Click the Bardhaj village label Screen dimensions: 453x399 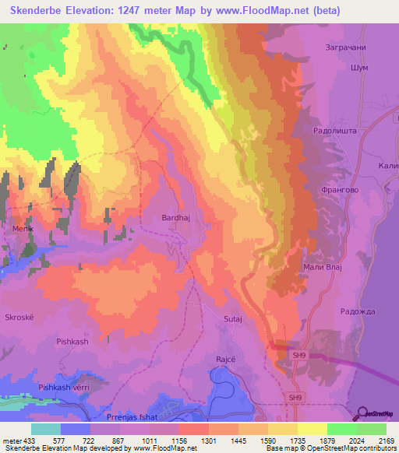(x=175, y=219)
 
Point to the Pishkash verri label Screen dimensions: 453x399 (x=65, y=387)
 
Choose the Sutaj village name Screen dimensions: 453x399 (x=234, y=319)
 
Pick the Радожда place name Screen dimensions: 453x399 (x=358, y=311)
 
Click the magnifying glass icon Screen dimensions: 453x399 (x=361, y=413)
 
